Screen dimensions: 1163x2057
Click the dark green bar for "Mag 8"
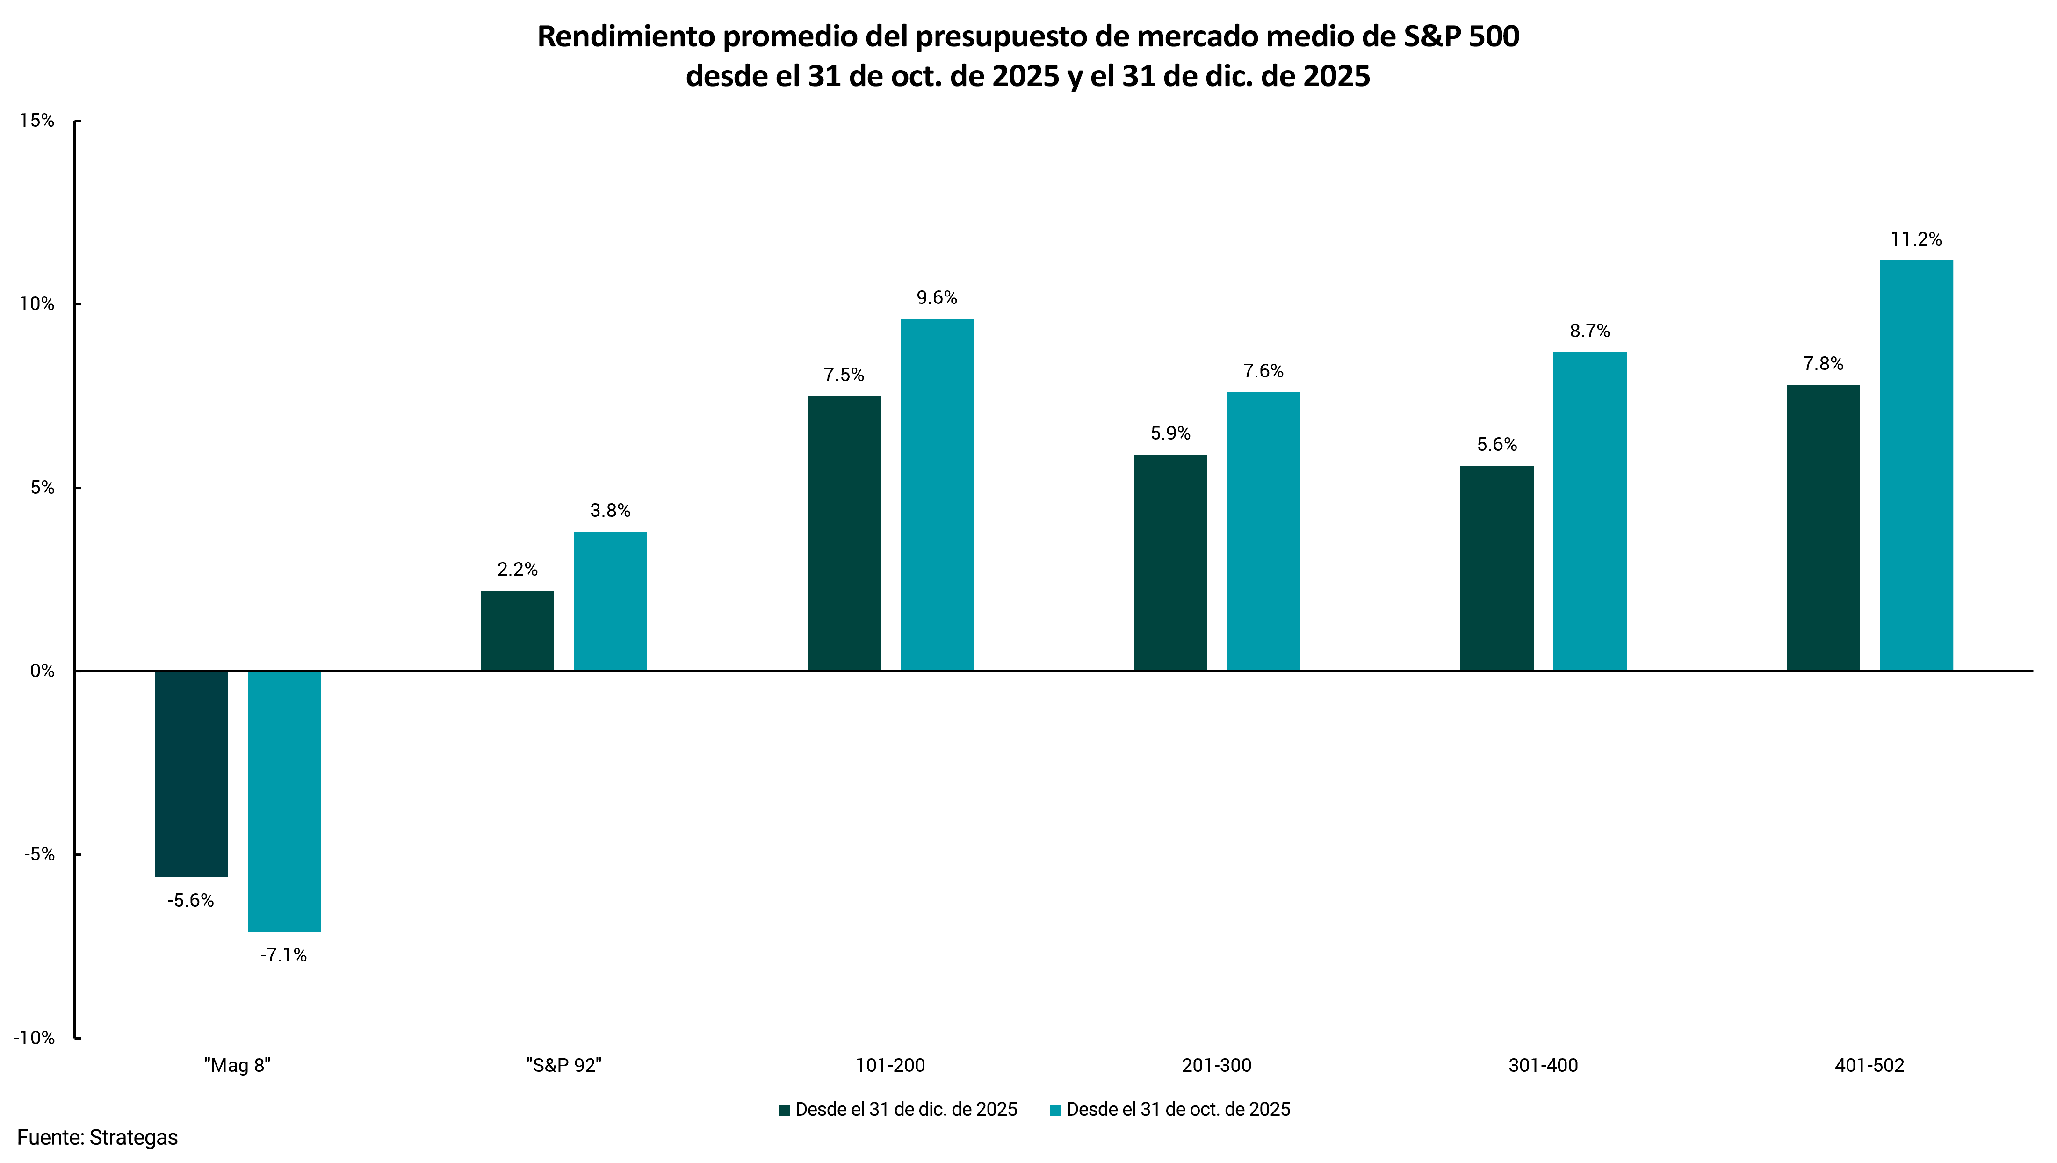(191, 773)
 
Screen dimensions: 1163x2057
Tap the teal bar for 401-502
(1916, 466)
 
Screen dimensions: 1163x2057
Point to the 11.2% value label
(1916, 239)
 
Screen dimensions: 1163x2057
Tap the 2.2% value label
(518, 570)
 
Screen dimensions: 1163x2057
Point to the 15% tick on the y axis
(37, 121)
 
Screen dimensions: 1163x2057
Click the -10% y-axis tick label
(34, 1038)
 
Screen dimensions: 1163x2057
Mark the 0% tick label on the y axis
(42, 671)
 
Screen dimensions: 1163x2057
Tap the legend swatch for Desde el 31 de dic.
(784, 1110)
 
